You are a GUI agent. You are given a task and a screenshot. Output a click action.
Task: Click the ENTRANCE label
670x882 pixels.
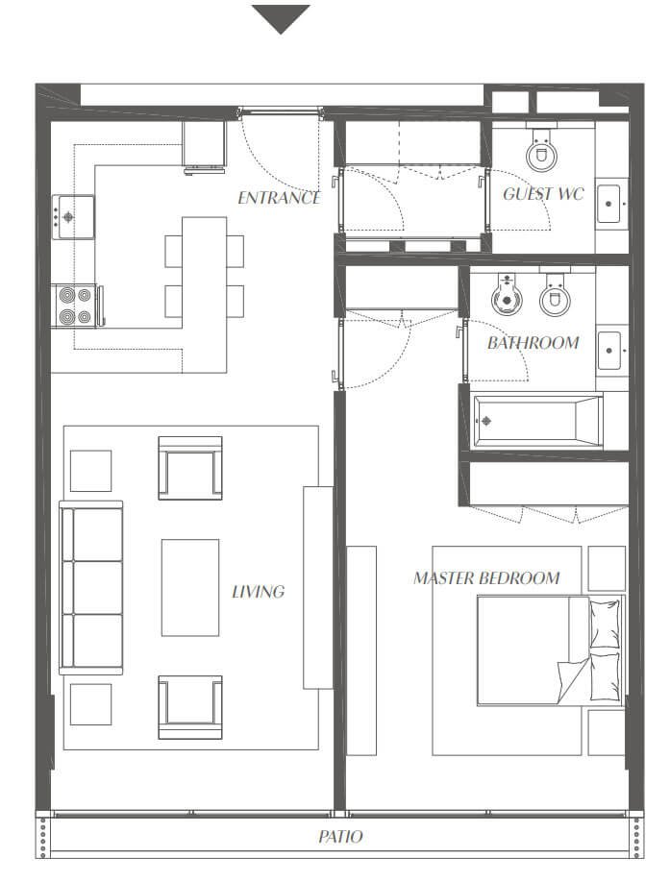click(279, 198)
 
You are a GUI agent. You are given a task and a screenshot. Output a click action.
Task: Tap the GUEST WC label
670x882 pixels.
click(543, 194)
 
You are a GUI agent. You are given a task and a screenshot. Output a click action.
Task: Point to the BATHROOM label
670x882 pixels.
click(534, 343)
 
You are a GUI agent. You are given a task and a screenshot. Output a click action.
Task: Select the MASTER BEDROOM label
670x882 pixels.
click(486, 577)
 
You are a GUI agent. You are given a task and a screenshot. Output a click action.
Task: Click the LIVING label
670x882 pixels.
click(259, 591)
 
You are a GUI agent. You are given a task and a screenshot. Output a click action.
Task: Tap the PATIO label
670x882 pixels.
click(340, 837)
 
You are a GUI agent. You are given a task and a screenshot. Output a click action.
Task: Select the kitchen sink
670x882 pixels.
click(73, 217)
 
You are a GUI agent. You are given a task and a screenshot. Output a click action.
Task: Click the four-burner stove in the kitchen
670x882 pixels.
click(77, 306)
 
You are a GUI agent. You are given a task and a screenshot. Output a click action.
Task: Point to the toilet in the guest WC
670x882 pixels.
click(542, 147)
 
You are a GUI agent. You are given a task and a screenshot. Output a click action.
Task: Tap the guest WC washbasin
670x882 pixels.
click(611, 203)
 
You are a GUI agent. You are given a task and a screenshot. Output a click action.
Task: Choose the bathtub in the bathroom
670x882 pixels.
click(537, 421)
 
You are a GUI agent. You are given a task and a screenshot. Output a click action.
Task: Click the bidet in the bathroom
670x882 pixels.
click(507, 294)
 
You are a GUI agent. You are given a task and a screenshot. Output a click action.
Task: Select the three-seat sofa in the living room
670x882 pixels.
click(91, 588)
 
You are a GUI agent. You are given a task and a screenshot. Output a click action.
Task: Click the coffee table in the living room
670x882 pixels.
click(190, 588)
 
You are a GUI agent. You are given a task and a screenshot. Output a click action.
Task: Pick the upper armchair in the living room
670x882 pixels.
click(190, 468)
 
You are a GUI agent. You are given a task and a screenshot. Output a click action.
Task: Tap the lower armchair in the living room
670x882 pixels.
click(190, 707)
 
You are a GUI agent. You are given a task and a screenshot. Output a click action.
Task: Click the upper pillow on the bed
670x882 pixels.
click(605, 624)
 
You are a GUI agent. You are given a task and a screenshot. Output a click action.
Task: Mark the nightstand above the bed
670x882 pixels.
click(607, 568)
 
